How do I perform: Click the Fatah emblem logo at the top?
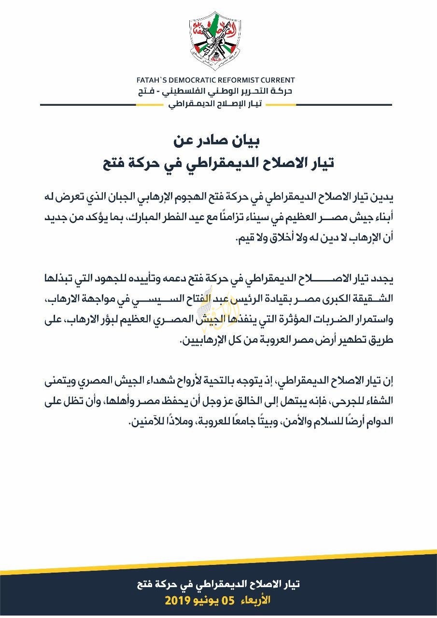point(218,41)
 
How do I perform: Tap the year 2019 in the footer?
point(179,601)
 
